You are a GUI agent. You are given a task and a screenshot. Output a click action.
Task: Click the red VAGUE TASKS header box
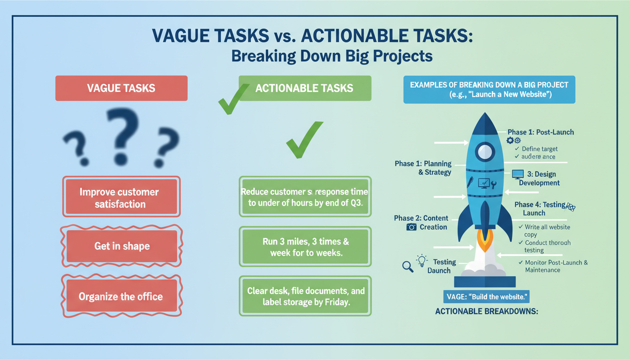pyautogui.click(x=121, y=88)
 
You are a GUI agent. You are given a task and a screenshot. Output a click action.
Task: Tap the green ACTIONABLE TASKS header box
pyautogui.click(x=305, y=88)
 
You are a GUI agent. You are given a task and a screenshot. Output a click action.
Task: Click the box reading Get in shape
pyautogui.click(x=122, y=246)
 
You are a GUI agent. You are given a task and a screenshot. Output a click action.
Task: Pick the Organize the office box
pyautogui.click(x=121, y=296)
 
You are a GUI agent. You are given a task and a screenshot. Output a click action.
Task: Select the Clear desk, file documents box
pyautogui.click(x=305, y=296)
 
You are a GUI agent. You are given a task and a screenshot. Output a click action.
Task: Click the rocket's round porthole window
pyautogui.click(x=485, y=151)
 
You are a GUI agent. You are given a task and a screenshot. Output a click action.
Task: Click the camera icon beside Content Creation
pyautogui.click(x=411, y=227)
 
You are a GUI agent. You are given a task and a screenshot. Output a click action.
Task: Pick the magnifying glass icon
pyautogui.click(x=408, y=267)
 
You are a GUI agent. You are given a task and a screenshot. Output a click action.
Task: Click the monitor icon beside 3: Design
pyautogui.click(x=517, y=174)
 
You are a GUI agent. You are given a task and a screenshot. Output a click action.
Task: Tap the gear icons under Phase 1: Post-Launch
pyautogui.click(x=513, y=140)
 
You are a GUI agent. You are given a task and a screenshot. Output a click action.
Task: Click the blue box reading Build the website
pyautogui.click(x=486, y=297)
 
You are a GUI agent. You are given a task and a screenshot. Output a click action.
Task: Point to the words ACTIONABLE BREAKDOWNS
pyautogui.click(x=486, y=311)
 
